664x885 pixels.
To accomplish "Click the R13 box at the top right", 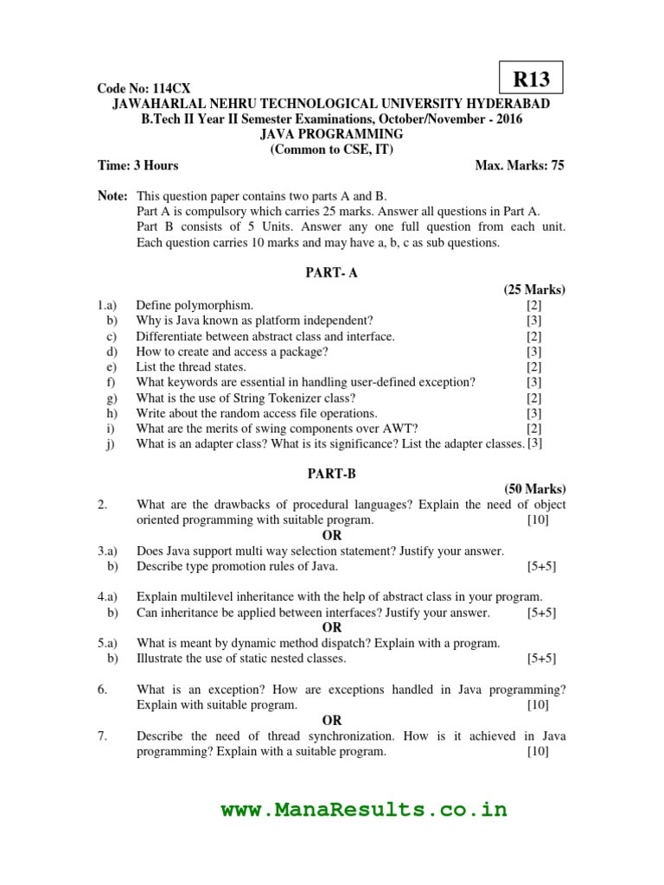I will [x=532, y=80].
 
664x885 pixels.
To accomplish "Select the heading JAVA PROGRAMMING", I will [x=332, y=134].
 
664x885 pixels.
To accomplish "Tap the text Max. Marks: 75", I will [x=520, y=165].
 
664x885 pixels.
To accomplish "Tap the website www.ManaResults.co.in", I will [x=364, y=810].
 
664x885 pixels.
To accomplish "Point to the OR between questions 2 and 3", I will [x=332, y=536].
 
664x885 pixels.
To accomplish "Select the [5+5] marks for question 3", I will [x=541, y=567].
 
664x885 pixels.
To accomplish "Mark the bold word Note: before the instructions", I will [x=112, y=196].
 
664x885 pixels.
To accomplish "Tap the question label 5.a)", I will [x=107, y=643].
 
